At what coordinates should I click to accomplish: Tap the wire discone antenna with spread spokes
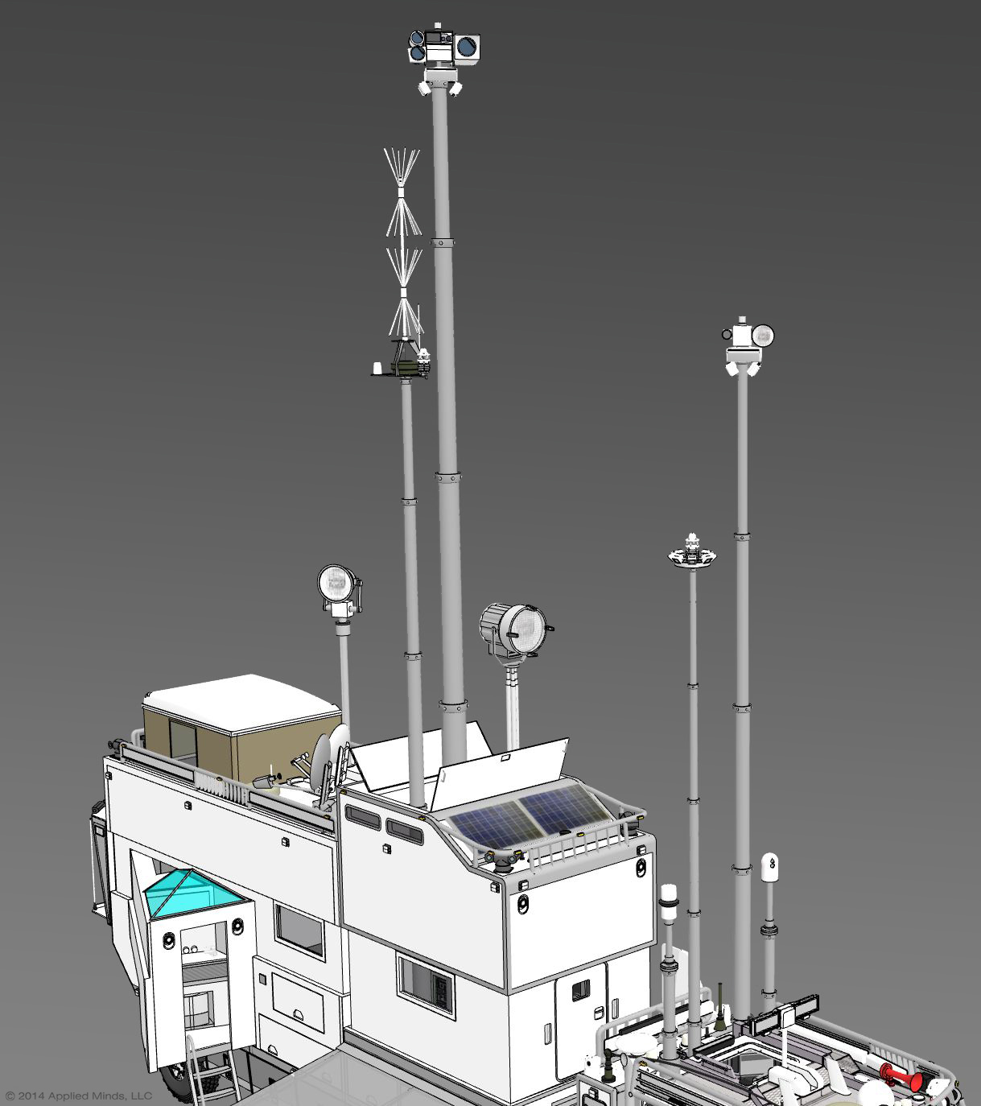click(402, 241)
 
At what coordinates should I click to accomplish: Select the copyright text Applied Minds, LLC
click(78, 1096)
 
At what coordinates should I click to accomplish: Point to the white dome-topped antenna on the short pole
click(770, 867)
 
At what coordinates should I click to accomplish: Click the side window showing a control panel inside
click(426, 984)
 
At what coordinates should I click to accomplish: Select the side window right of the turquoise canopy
click(299, 930)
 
